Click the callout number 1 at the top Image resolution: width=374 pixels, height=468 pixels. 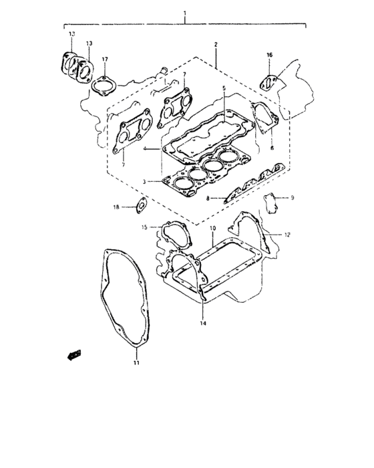coord(185,14)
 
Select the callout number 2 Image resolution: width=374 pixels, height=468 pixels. coord(216,44)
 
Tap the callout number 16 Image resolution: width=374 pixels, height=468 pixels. coord(269,55)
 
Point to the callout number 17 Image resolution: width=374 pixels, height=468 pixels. coord(105,60)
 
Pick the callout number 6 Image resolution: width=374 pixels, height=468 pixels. coord(272,148)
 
